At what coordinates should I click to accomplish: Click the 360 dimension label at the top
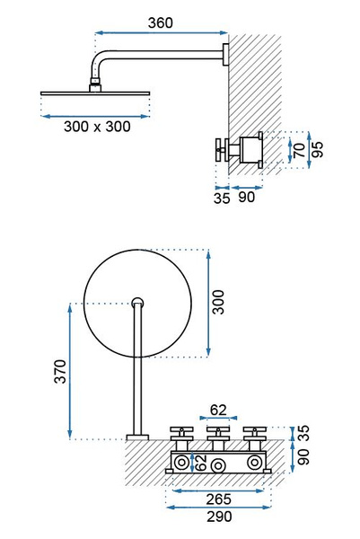click(161, 22)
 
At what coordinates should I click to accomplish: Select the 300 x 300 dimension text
click(97, 127)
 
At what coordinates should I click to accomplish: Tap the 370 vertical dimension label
click(60, 371)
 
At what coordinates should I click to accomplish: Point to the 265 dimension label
click(219, 499)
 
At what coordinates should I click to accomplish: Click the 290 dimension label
click(219, 517)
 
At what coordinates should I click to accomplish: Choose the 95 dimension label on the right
click(318, 149)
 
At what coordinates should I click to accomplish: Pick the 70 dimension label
click(300, 150)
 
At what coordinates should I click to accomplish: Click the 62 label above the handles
click(218, 410)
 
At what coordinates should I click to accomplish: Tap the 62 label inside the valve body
click(200, 463)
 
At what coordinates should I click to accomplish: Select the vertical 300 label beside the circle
click(218, 302)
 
